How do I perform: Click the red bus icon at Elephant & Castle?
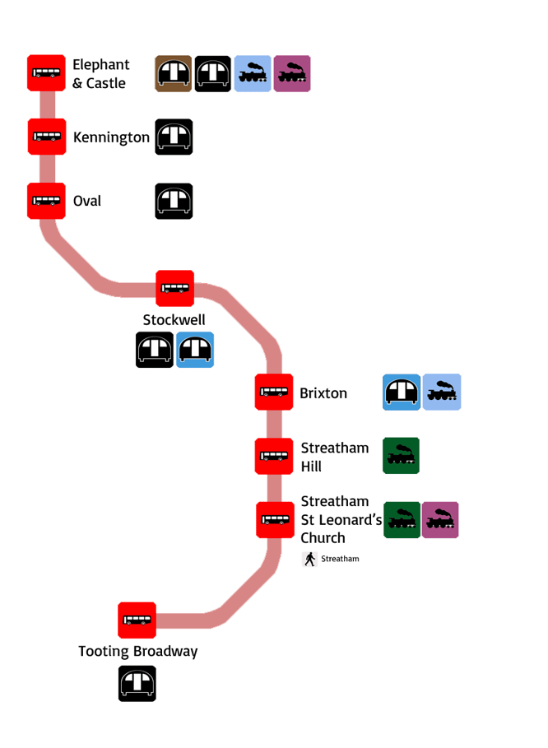(46, 73)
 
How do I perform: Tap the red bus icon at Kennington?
(47, 137)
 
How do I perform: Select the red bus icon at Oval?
(45, 201)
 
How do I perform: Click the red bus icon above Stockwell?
(175, 289)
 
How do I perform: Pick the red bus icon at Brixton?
(274, 393)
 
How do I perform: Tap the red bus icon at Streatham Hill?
(274, 456)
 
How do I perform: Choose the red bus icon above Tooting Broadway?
(137, 620)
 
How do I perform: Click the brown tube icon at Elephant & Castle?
(174, 74)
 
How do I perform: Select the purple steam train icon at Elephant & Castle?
(292, 74)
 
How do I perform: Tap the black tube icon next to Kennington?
(174, 137)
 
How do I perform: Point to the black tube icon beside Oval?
(174, 201)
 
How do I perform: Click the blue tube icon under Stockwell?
(195, 350)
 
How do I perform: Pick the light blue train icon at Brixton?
(443, 393)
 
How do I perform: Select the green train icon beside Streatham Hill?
(402, 456)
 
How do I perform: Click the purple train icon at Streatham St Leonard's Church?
(440, 520)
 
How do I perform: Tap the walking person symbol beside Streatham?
(310, 560)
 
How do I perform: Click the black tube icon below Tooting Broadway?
(137, 685)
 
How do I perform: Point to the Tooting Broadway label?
(138, 652)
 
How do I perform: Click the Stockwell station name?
(174, 319)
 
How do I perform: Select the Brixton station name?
(323, 393)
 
